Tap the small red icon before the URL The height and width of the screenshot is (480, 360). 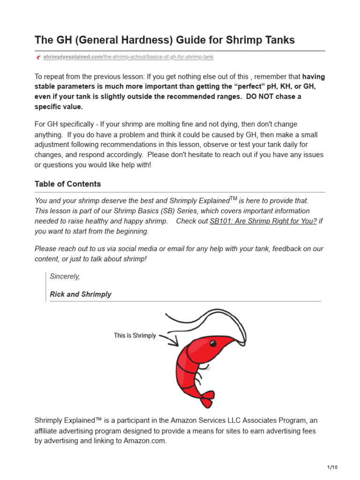[x=38, y=57]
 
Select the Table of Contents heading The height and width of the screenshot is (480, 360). [x=67, y=184]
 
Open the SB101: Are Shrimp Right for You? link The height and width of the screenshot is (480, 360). [x=263, y=221]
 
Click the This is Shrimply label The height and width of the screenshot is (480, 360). [x=135, y=336]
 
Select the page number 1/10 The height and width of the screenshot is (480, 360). [x=332, y=467]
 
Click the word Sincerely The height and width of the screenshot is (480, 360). [x=65, y=277]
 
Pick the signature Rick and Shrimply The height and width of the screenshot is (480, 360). [x=81, y=294]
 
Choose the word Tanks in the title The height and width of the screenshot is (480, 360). [x=279, y=40]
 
